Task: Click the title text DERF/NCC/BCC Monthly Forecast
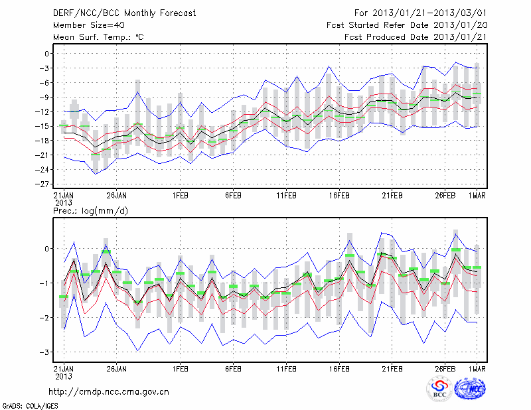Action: (x=126, y=13)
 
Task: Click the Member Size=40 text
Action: (x=84, y=25)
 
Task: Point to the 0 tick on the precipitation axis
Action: (x=48, y=249)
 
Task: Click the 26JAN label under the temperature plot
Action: (x=116, y=196)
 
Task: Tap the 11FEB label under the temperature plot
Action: (x=286, y=196)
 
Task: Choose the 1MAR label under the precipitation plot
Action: (x=477, y=367)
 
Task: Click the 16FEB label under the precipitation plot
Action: (x=339, y=367)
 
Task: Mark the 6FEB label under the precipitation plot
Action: (x=232, y=367)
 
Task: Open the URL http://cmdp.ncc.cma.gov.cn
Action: (x=110, y=391)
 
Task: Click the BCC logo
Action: (x=439, y=389)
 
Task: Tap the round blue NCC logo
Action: (x=470, y=389)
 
